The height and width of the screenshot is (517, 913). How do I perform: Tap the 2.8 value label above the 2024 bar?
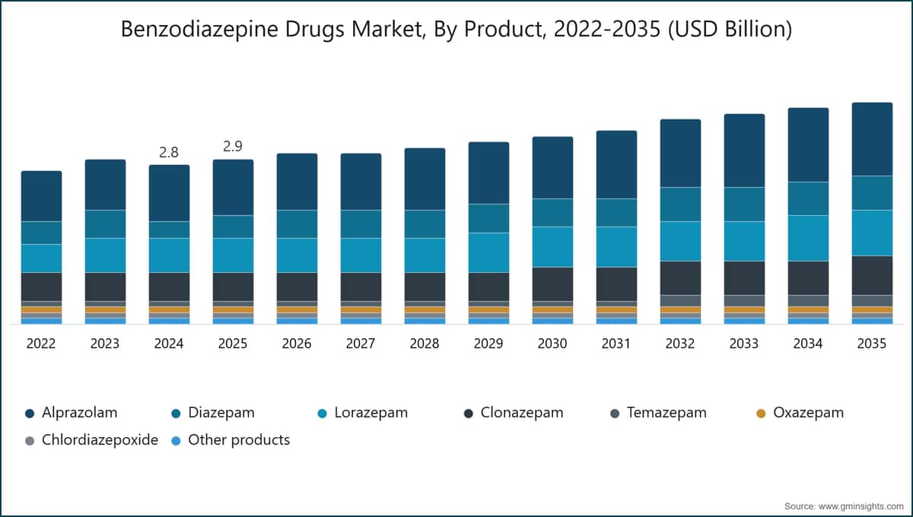[169, 152]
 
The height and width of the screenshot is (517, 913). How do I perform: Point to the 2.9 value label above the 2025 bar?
[233, 146]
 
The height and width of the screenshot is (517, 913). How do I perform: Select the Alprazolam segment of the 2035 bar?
[872, 139]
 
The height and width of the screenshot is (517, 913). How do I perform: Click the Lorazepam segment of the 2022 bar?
[42, 258]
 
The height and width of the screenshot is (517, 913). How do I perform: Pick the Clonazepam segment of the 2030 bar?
[552, 284]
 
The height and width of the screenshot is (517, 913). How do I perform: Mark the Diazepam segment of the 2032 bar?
[681, 205]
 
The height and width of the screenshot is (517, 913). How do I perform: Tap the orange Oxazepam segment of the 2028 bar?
[425, 309]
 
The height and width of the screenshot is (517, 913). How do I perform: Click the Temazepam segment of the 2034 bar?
[808, 300]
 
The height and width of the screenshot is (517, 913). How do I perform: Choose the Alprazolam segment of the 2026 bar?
[297, 182]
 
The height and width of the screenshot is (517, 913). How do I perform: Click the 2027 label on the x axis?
[361, 344]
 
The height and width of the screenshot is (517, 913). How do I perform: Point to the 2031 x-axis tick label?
[616, 344]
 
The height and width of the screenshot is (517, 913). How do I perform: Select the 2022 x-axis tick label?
[41, 344]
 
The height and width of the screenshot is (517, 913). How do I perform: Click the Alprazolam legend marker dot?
[30, 414]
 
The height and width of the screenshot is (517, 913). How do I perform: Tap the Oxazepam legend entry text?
[809, 413]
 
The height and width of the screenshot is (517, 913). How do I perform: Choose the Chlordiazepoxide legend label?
[100, 440]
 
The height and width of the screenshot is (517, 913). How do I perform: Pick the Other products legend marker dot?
[176, 441]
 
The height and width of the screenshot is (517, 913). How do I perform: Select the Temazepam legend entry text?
[666, 413]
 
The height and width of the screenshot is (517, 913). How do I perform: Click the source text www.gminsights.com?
[861, 506]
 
